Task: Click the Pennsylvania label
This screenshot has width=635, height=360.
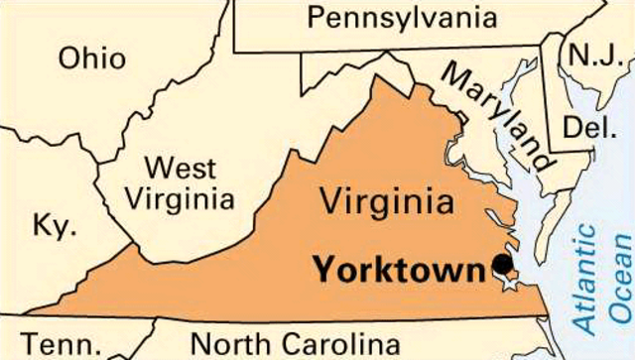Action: coord(401,18)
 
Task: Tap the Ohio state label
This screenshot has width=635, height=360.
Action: coord(92,58)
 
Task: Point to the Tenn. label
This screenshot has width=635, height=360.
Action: coord(62,345)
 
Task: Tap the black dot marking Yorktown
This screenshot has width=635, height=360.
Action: coord(503,265)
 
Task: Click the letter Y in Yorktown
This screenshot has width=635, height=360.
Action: coord(324,269)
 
